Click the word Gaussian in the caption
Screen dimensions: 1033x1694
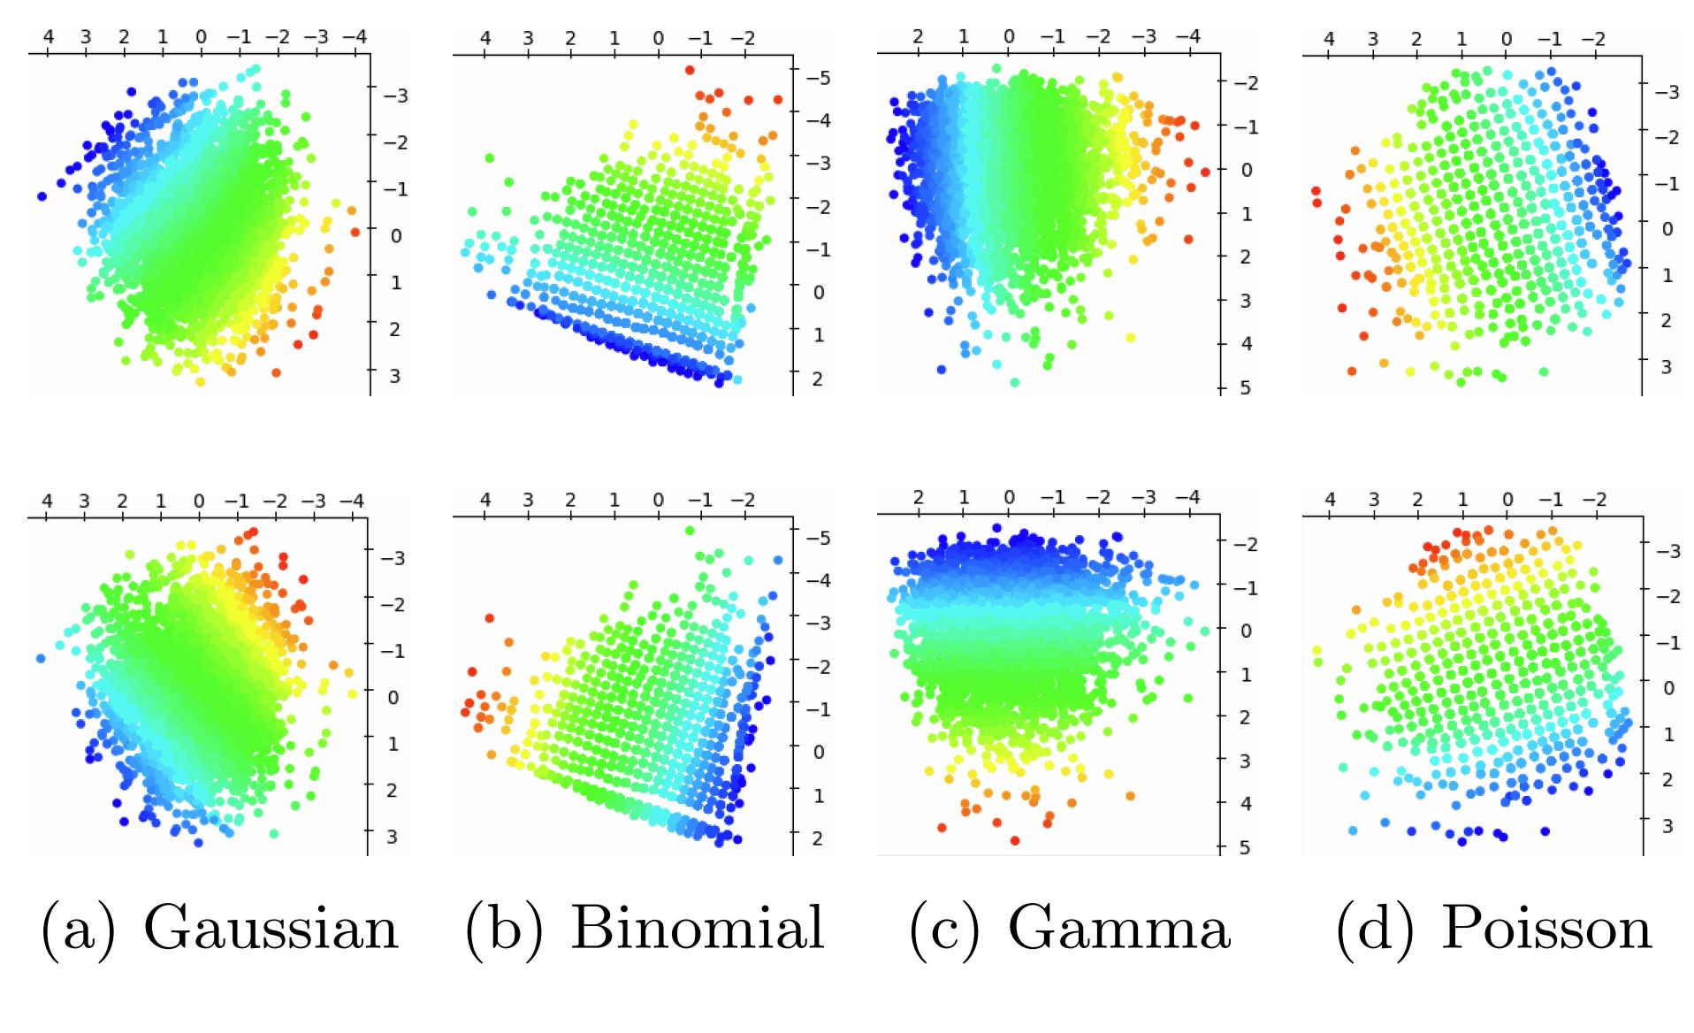point(271,929)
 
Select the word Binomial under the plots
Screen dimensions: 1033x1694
point(697,929)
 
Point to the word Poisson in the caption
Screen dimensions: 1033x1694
point(1546,929)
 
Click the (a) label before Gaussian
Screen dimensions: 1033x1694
point(78,929)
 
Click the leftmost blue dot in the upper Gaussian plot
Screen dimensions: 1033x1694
point(42,196)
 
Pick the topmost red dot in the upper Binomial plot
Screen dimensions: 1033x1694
point(690,70)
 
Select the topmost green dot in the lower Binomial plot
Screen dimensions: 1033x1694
point(690,531)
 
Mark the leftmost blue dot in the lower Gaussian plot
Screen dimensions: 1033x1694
point(41,659)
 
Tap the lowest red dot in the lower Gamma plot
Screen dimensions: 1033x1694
point(1014,840)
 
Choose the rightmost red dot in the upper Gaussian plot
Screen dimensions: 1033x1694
point(355,232)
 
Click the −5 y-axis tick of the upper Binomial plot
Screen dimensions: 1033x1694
point(819,78)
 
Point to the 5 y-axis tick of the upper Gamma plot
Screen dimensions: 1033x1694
point(1245,387)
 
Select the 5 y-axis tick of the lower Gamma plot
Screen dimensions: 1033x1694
point(1244,847)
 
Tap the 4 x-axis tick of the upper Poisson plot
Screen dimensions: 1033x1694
point(1328,39)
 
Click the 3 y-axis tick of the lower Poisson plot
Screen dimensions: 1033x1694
point(1667,825)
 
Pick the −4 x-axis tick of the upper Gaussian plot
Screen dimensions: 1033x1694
point(355,37)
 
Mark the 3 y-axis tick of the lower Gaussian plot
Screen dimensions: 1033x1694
point(392,836)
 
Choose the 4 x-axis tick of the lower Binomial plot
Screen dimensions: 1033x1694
point(485,500)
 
